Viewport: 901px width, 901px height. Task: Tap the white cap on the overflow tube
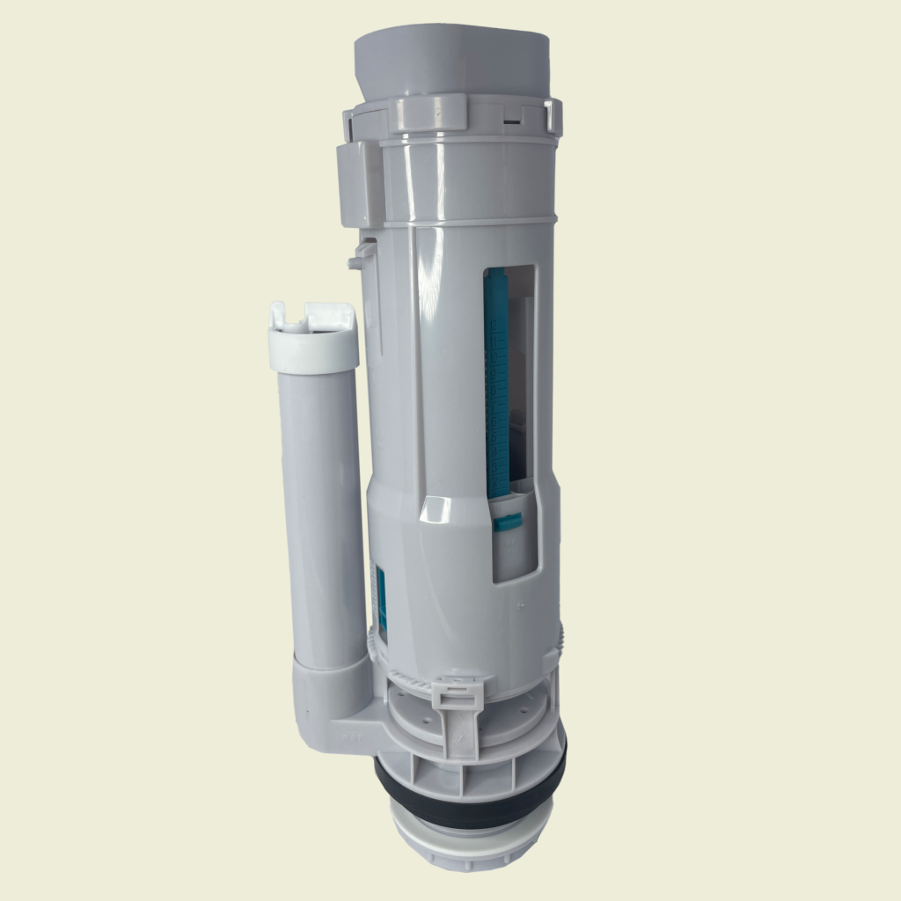pyautogui.click(x=313, y=340)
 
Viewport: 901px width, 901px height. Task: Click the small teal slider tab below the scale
pyautogui.click(x=509, y=523)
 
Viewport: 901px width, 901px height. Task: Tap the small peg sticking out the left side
pyautogui.click(x=356, y=259)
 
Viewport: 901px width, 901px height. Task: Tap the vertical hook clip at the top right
pyautogui.click(x=553, y=117)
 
